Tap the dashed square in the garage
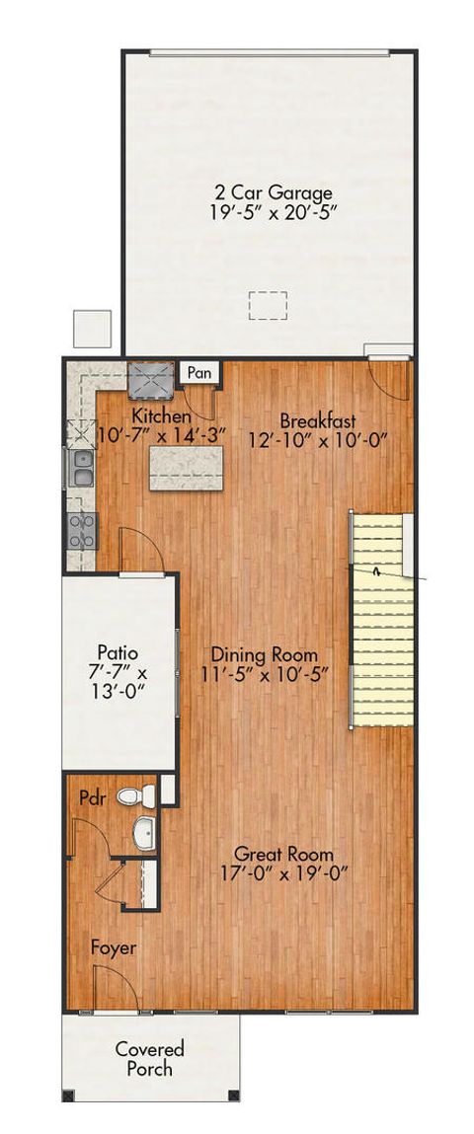(x=265, y=306)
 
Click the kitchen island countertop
(x=188, y=467)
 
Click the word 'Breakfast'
(x=317, y=418)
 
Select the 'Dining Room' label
(x=268, y=654)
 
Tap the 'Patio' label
(x=119, y=652)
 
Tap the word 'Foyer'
(x=114, y=947)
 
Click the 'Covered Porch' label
(x=149, y=1058)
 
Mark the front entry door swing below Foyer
(x=111, y=987)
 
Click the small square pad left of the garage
(x=92, y=328)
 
